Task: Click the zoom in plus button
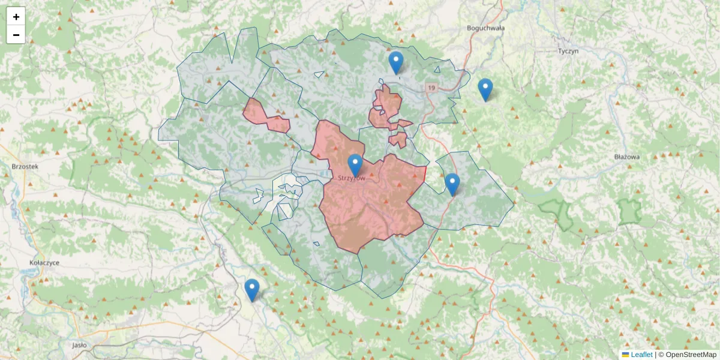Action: click(16, 17)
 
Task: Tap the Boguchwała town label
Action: click(485, 28)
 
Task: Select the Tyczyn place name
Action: click(568, 51)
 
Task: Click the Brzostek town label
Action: click(25, 166)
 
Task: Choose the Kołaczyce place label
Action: click(44, 263)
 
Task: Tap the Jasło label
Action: click(79, 345)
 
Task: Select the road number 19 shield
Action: click(431, 88)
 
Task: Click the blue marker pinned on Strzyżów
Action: click(355, 165)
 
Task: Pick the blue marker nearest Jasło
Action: click(252, 290)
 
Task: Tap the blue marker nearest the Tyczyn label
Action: click(485, 89)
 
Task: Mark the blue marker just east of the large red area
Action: click(452, 184)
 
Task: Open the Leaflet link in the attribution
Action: click(641, 355)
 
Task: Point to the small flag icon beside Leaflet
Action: click(625, 355)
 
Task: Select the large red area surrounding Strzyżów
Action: click(372, 204)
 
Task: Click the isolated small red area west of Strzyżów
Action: click(264, 115)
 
